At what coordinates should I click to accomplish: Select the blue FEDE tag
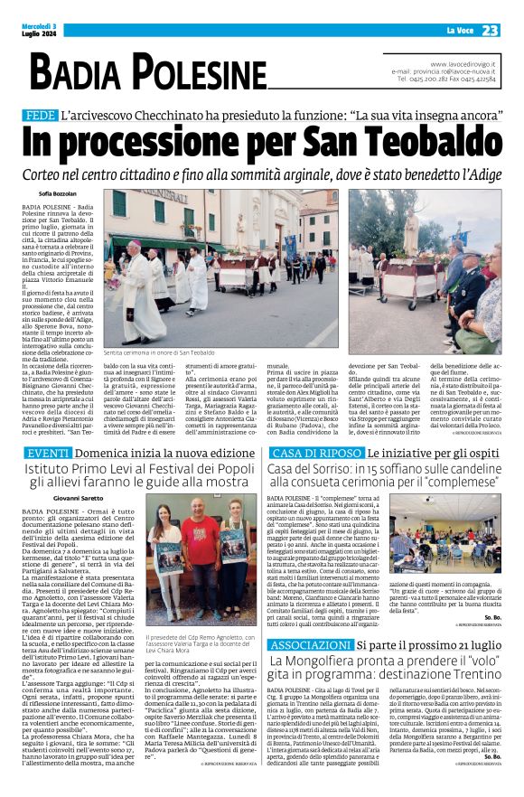click(x=40, y=116)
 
